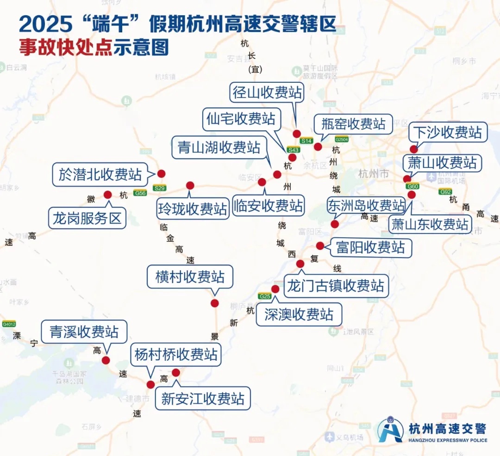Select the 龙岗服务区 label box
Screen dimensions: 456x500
point(87,218)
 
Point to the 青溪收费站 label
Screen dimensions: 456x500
point(84,332)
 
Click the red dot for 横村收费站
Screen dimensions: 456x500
point(214,303)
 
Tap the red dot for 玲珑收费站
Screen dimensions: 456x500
point(190,185)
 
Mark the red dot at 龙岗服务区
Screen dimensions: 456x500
point(108,195)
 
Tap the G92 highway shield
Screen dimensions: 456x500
point(445,191)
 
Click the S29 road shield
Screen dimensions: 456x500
point(160,188)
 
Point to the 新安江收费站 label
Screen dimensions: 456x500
point(203,398)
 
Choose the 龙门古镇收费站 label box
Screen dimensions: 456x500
point(336,285)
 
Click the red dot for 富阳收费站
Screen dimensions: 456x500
point(320,246)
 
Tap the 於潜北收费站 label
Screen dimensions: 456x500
point(100,174)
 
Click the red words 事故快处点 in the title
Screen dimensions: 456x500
point(65,48)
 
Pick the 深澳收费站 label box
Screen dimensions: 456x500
point(299,314)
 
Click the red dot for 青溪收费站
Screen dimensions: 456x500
point(106,360)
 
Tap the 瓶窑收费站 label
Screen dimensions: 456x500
point(350,124)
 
